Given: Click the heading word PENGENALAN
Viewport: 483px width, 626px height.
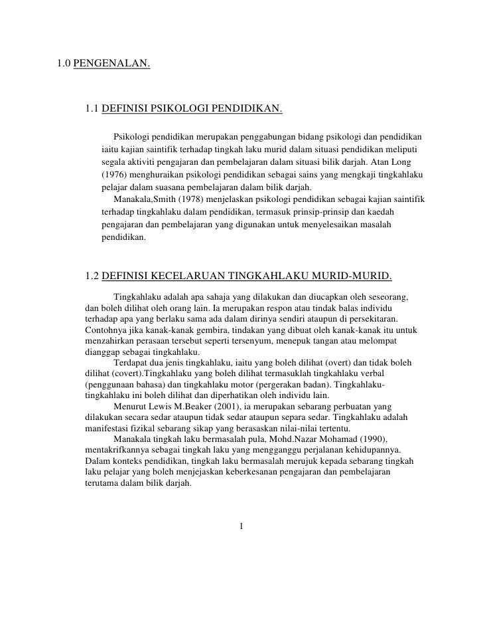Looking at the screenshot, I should click(x=111, y=64).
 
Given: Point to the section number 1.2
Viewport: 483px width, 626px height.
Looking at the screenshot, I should click(x=94, y=276).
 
